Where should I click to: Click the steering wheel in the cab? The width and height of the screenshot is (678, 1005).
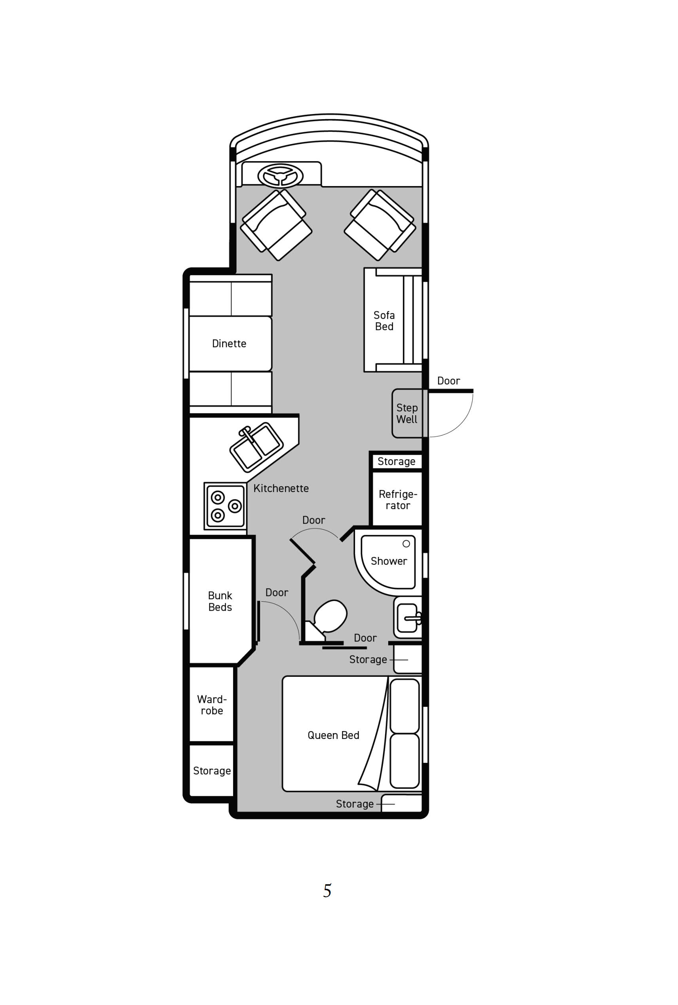(x=281, y=176)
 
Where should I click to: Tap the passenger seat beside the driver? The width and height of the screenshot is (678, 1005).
(x=380, y=225)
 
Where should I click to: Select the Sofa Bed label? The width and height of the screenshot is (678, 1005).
(x=384, y=321)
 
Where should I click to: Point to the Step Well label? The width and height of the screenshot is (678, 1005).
(x=407, y=413)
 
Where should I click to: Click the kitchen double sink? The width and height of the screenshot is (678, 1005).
(x=256, y=448)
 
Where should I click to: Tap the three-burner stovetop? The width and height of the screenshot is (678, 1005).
(x=225, y=506)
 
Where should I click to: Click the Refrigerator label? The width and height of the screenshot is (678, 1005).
(x=398, y=500)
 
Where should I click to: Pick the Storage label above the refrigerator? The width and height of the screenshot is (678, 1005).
(x=397, y=462)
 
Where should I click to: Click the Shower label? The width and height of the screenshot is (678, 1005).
(x=389, y=561)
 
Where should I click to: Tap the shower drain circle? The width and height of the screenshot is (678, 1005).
(x=406, y=543)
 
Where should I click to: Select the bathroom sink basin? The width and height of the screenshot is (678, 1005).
(x=408, y=618)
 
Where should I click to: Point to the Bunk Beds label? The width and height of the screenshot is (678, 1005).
(x=220, y=602)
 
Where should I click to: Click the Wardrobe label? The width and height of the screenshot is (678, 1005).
(x=212, y=705)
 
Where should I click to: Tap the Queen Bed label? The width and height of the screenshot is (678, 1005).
(x=333, y=735)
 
